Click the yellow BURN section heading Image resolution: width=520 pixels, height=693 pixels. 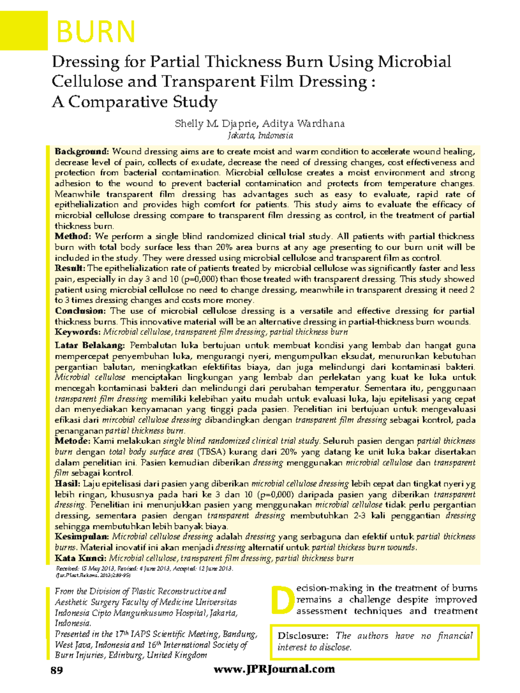click(x=96, y=31)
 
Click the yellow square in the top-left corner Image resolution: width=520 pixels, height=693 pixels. click(x=23, y=30)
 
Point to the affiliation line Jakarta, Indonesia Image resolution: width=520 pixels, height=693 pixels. click(x=260, y=136)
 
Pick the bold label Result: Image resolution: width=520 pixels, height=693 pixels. click(x=70, y=269)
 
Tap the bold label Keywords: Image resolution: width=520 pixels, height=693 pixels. click(x=78, y=332)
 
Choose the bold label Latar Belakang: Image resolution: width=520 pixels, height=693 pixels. click(x=90, y=346)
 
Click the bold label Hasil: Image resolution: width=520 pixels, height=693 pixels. click(x=68, y=484)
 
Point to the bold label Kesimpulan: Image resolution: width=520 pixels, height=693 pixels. click(x=81, y=537)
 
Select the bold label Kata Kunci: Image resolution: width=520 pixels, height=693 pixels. click(x=80, y=558)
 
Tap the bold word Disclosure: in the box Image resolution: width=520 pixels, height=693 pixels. click(x=303, y=636)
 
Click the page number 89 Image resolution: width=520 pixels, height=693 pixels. click(x=57, y=670)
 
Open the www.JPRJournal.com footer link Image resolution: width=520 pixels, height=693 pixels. click(x=274, y=669)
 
